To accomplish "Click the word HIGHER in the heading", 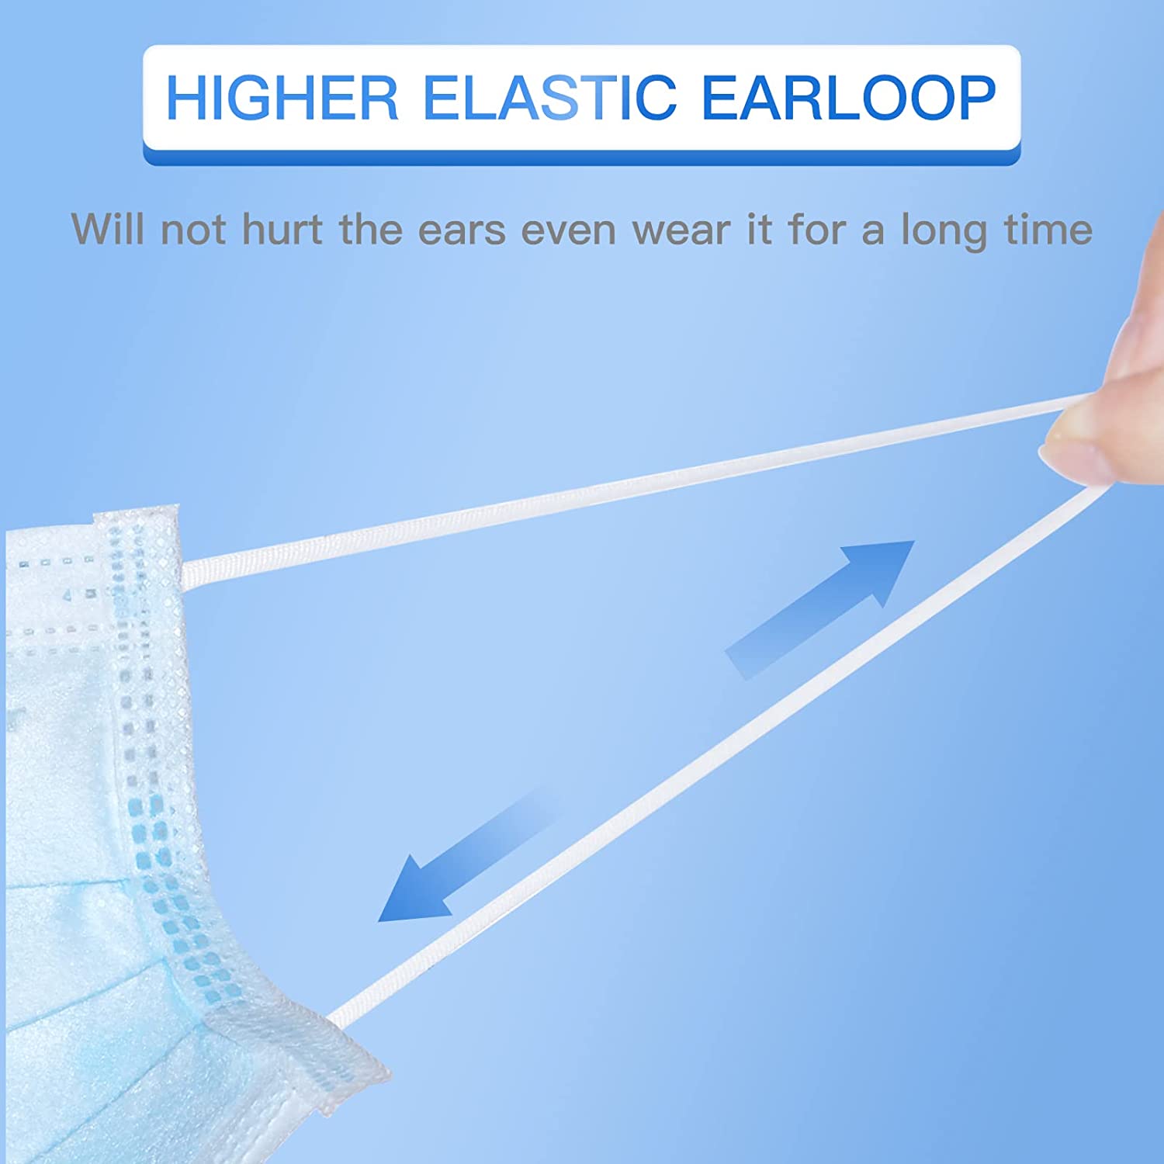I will click(282, 98).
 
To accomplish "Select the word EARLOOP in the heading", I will click(848, 98).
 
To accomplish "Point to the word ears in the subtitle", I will click(462, 231).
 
